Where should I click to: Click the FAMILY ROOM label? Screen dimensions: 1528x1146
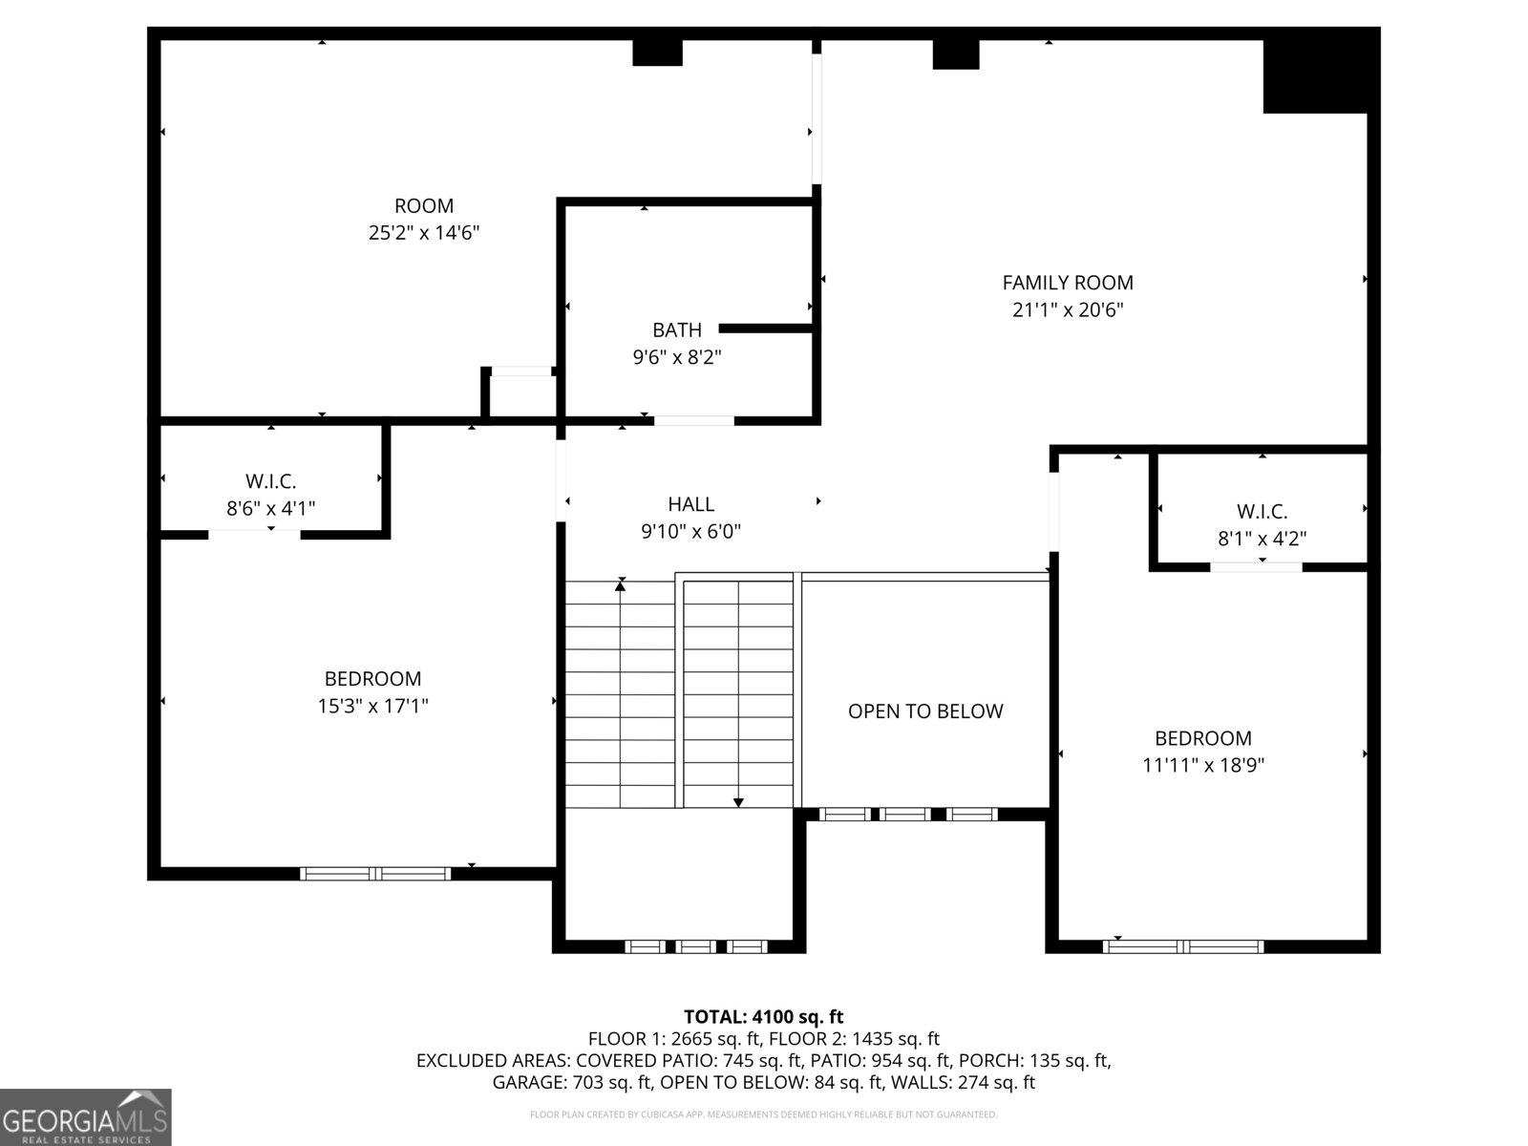point(1067,283)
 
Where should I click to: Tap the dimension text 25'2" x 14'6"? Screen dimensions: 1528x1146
point(424,232)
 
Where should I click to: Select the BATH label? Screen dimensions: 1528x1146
point(677,329)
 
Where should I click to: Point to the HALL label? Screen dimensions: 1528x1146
point(690,504)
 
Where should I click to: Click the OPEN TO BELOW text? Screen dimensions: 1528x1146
point(925,711)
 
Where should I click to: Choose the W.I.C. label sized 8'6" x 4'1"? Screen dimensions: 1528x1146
point(271,480)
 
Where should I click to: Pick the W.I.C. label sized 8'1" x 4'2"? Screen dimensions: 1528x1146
point(1262,512)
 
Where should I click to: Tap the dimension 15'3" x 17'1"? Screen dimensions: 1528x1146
point(373,707)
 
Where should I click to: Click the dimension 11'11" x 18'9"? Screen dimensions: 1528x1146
point(1203,765)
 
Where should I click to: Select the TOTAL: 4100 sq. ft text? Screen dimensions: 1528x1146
point(764,1016)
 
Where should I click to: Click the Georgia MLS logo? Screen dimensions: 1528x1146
point(85,1116)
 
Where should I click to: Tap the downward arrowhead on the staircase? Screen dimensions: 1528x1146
point(738,803)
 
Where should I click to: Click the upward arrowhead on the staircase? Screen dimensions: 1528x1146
point(620,585)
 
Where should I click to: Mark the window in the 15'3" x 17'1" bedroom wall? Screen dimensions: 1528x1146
point(375,874)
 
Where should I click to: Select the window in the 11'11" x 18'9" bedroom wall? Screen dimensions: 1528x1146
point(1182,946)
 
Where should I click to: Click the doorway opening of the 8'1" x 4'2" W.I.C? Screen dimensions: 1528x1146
point(1256,567)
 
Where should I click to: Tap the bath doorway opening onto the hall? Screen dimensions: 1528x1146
point(694,420)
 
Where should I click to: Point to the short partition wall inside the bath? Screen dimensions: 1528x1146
point(767,329)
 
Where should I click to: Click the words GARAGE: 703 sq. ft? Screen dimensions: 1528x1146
point(572,1082)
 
